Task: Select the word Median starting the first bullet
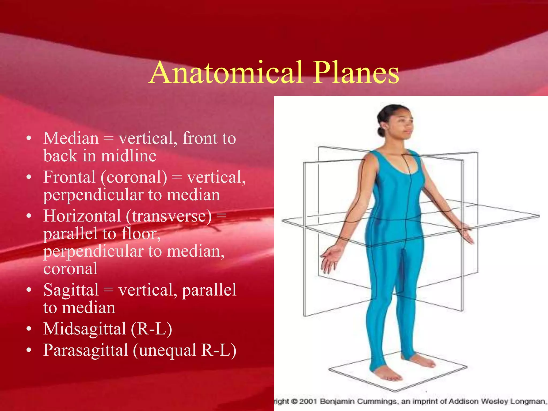tap(71, 139)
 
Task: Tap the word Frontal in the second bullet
tap(70, 177)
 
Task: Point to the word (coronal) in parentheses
tap(134, 178)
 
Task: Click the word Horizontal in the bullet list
tap(82, 216)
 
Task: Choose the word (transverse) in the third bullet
tap(169, 216)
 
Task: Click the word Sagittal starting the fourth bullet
tap(71, 290)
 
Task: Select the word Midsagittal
tap(85, 329)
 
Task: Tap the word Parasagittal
tap(86, 350)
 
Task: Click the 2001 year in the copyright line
tap(308, 402)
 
